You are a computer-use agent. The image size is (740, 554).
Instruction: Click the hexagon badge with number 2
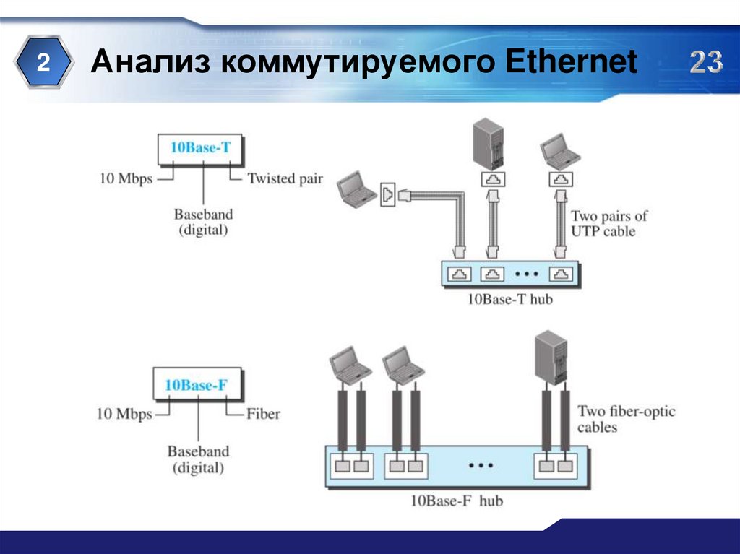click(x=43, y=64)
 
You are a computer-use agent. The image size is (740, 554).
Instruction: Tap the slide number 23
click(x=705, y=64)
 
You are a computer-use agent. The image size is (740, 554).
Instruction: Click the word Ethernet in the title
click(x=571, y=64)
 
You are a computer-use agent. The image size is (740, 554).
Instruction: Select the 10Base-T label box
click(x=200, y=148)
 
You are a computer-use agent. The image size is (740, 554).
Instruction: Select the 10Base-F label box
click(x=196, y=385)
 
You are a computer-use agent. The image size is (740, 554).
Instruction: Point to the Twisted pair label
click(x=285, y=178)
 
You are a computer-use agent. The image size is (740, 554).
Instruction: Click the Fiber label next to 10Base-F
click(x=263, y=414)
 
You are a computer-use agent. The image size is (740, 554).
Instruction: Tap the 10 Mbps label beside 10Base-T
click(x=126, y=178)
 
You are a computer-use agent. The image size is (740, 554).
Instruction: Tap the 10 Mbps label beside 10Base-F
click(x=124, y=414)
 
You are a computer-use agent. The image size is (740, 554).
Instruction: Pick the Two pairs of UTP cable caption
click(x=609, y=223)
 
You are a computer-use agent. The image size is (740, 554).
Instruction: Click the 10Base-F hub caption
click(x=456, y=500)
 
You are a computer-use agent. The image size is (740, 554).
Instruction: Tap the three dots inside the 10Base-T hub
click(x=526, y=274)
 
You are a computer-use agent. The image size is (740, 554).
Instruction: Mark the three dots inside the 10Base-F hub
click(x=480, y=466)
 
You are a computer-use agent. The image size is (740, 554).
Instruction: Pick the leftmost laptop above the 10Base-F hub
click(x=350, y=365)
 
